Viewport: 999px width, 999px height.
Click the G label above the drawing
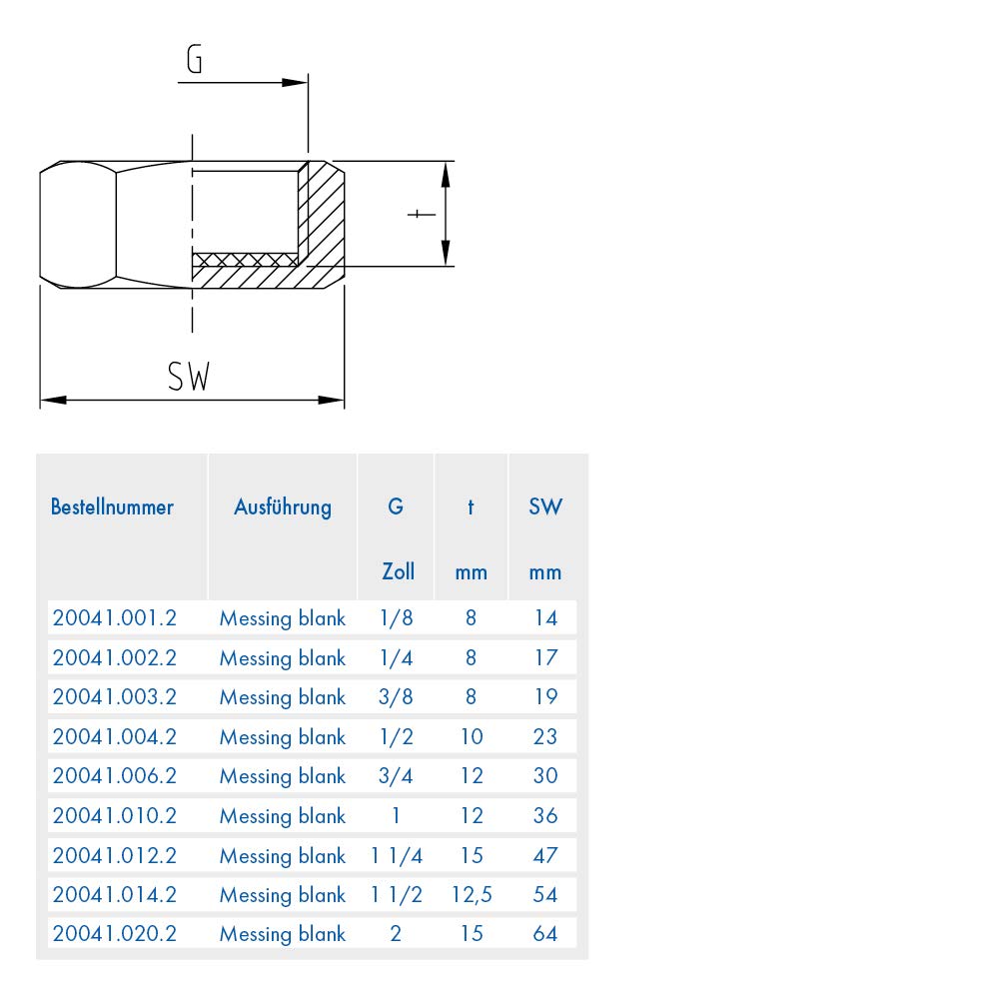[195, 59]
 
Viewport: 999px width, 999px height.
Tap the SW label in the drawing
[189, 376]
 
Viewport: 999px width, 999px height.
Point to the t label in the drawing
[417, 214]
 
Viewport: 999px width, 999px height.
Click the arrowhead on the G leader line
[295, 82]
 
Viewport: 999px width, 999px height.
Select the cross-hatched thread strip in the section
[246, 260]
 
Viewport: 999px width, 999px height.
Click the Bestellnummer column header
[112, 507]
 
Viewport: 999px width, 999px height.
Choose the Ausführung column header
[283, 507]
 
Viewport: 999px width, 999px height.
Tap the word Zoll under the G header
[399, 571]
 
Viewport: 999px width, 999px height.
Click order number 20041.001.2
[115, 618]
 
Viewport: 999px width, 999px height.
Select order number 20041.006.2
[115, 776]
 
